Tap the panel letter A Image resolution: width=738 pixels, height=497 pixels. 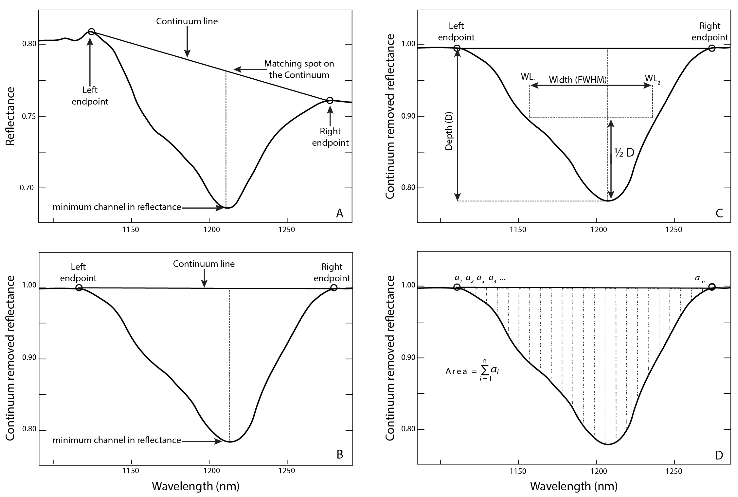[339, 213]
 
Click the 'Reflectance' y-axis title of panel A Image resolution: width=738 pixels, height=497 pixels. [10, 116]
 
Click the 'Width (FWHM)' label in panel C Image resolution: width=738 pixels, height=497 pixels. [577, 80]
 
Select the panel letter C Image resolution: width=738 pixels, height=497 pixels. [719, 213]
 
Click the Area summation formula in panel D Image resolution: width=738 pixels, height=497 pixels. [472, 370]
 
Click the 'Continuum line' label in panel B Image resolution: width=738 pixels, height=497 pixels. [204, 264]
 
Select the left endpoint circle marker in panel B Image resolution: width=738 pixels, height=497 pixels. [79, 287]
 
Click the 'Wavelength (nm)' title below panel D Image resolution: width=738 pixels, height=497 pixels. [574, 486]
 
